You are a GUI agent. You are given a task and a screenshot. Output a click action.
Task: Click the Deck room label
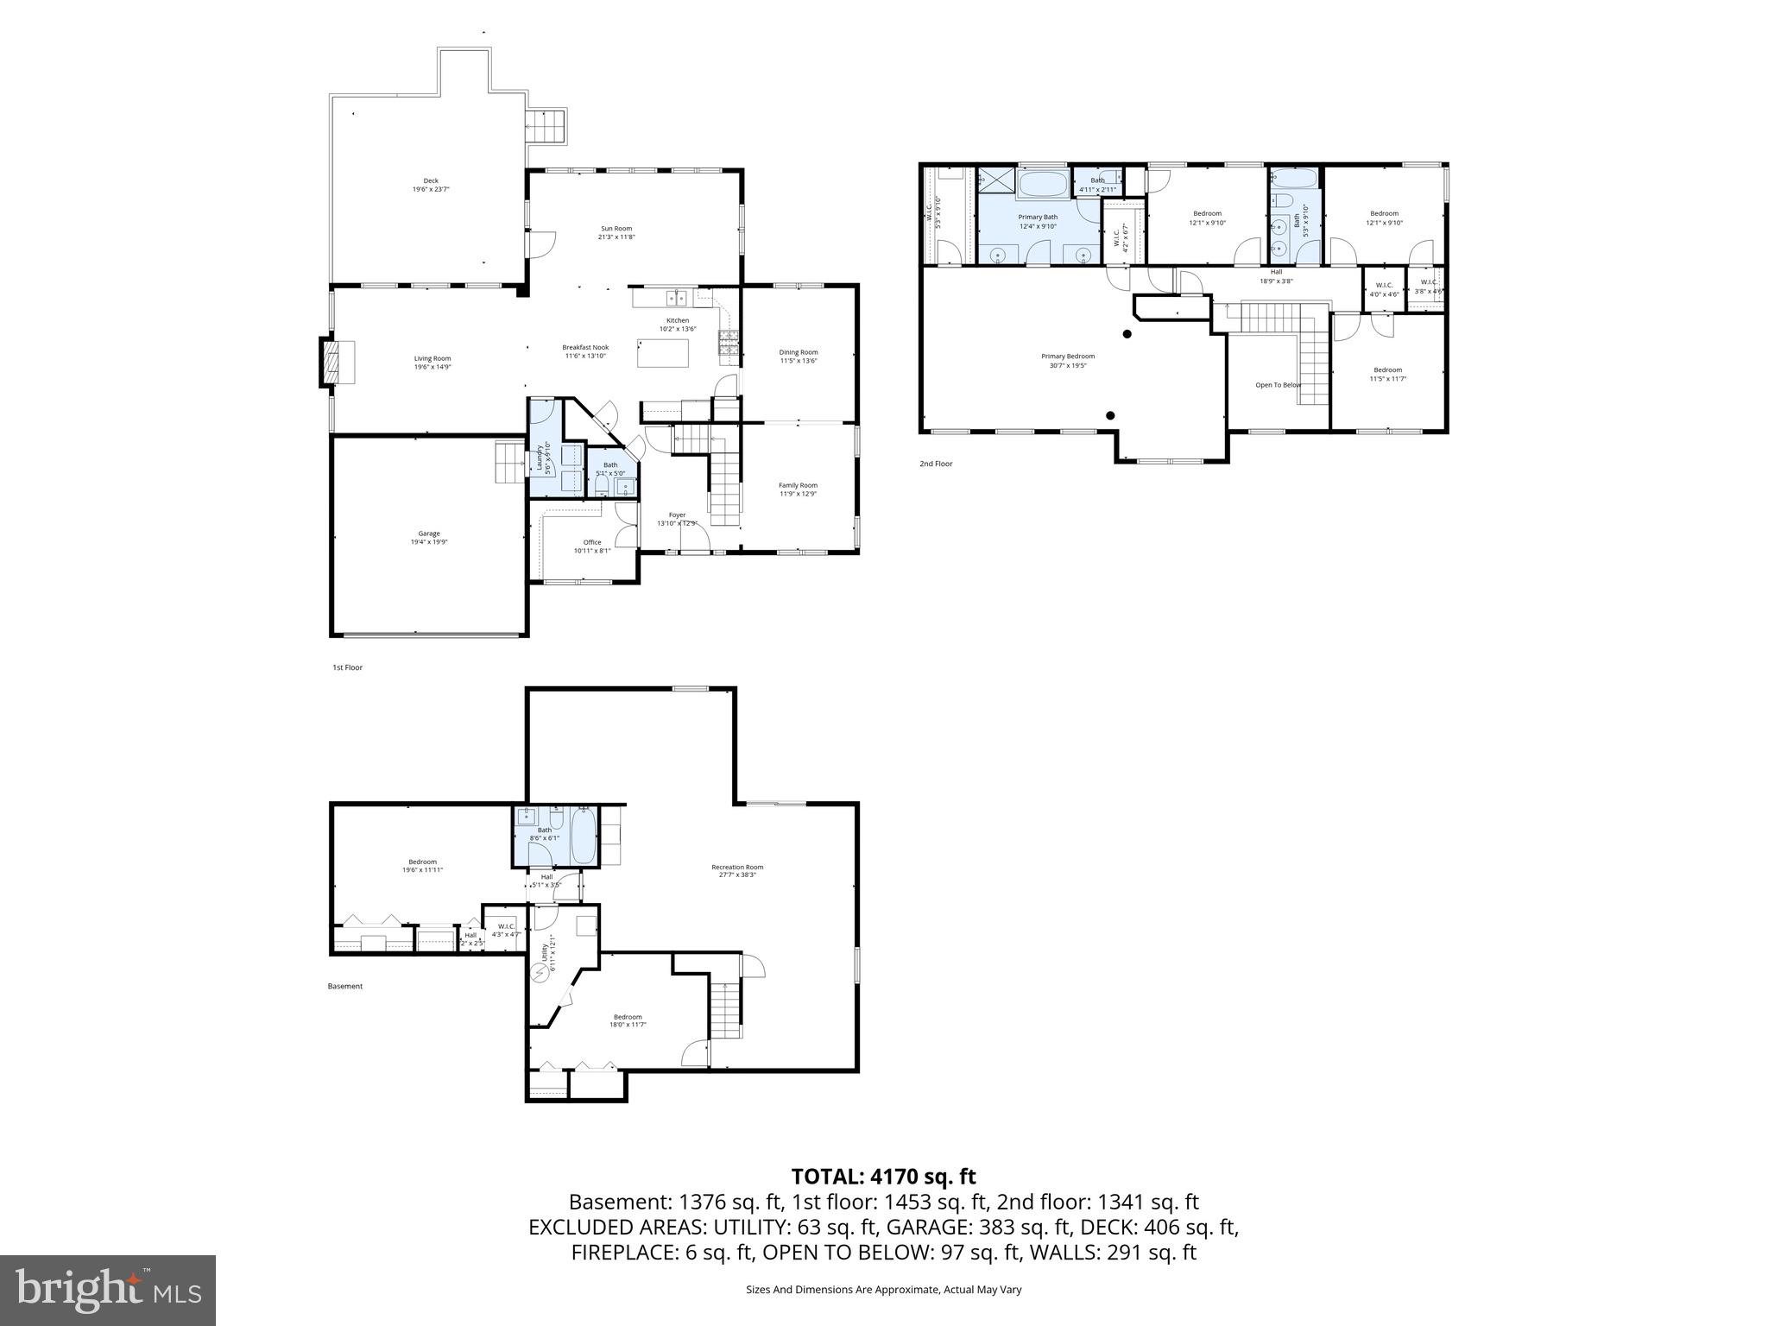coord(431,185)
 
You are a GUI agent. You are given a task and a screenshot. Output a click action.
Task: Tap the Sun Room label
coord(616,232)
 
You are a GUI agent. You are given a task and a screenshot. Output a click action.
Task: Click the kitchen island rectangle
coord(663,353)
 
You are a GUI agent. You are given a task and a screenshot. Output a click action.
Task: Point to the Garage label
coord(429,538)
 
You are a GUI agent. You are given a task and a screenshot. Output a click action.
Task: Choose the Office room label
coord(591,546)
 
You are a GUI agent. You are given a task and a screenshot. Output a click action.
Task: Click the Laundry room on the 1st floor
coord(545,458)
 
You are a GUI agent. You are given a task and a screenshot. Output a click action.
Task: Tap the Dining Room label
coord(798,356)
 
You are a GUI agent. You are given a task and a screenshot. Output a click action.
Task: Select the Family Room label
coord(798,489)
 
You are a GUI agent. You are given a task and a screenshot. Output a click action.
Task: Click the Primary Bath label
coord(1038,221)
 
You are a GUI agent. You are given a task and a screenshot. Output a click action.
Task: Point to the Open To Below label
coord(1278,385)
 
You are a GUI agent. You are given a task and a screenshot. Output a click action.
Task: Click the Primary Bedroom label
coord(1067,360)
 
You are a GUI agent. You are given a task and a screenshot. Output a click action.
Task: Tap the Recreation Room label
coord(736,870)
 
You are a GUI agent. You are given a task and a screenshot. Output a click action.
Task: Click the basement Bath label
coord(544,833)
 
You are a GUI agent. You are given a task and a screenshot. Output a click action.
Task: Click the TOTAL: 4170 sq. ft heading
coord(883,1176)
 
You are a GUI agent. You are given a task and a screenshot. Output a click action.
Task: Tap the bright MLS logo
coord(108,1291)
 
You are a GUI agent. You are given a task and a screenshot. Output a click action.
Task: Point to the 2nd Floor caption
coord(935,464)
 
